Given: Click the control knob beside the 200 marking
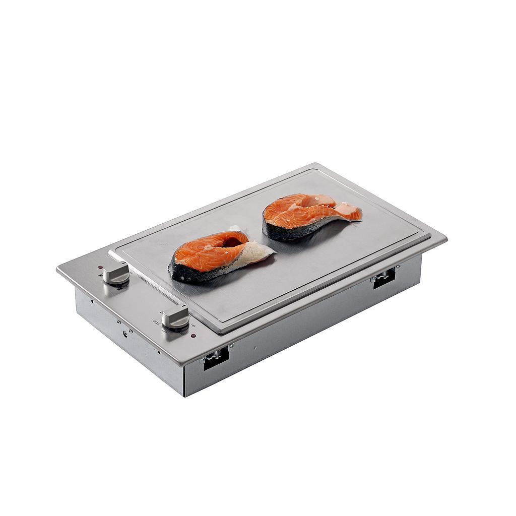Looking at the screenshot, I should (x=176, y=316).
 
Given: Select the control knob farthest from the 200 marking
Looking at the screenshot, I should (x=116, y=273).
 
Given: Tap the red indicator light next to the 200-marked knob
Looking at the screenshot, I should (x=193, y=336).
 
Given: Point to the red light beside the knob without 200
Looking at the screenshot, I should (x=101, y=267).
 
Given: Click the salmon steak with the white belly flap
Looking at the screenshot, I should (x=217, y=254).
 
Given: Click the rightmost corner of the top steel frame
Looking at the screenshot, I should (x=446, y=238).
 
